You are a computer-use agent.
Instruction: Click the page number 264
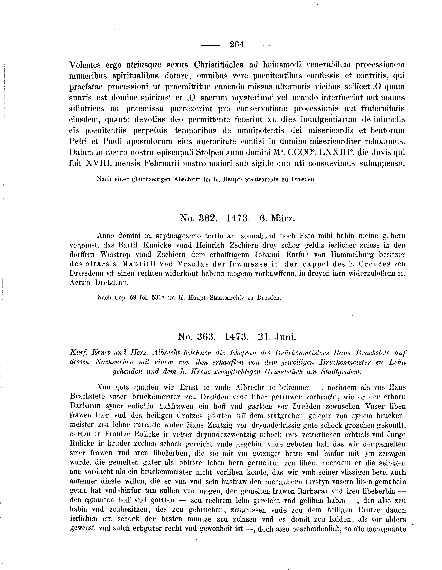click(237, 45)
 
